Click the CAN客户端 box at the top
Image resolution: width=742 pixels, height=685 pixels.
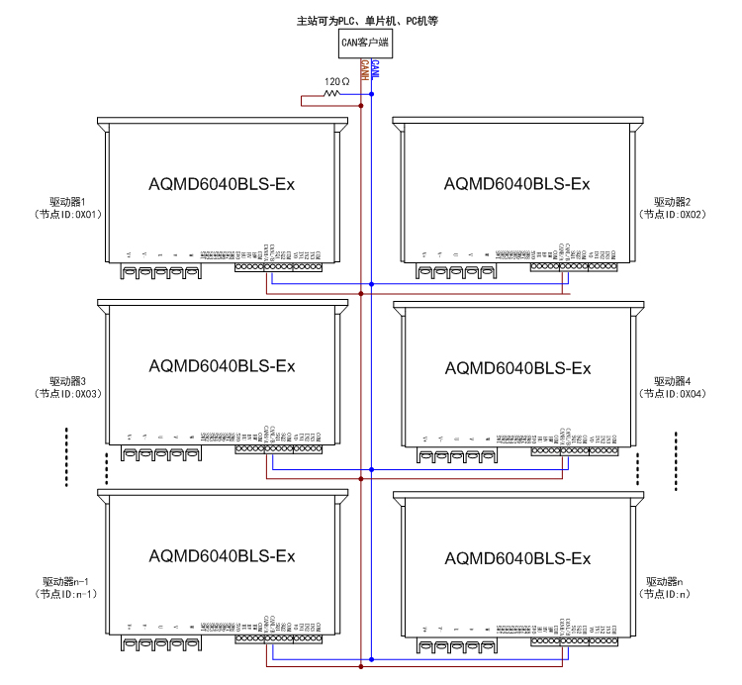364,43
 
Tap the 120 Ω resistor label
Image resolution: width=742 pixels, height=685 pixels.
336,81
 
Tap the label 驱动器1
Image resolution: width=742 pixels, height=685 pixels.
68,201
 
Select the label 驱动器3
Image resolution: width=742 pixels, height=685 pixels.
68,381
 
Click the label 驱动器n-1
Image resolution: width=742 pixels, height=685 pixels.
68,581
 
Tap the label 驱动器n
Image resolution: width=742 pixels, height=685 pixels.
665,581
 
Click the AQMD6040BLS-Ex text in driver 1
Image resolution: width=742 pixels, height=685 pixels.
222,183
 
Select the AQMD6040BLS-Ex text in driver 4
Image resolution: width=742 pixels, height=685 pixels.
517,368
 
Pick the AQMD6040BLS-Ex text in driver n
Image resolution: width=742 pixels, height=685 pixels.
517,558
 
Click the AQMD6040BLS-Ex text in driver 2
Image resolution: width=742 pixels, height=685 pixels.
517,183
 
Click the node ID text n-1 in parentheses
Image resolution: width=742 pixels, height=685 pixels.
84,594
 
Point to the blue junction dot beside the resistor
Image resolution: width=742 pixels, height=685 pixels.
371,94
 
